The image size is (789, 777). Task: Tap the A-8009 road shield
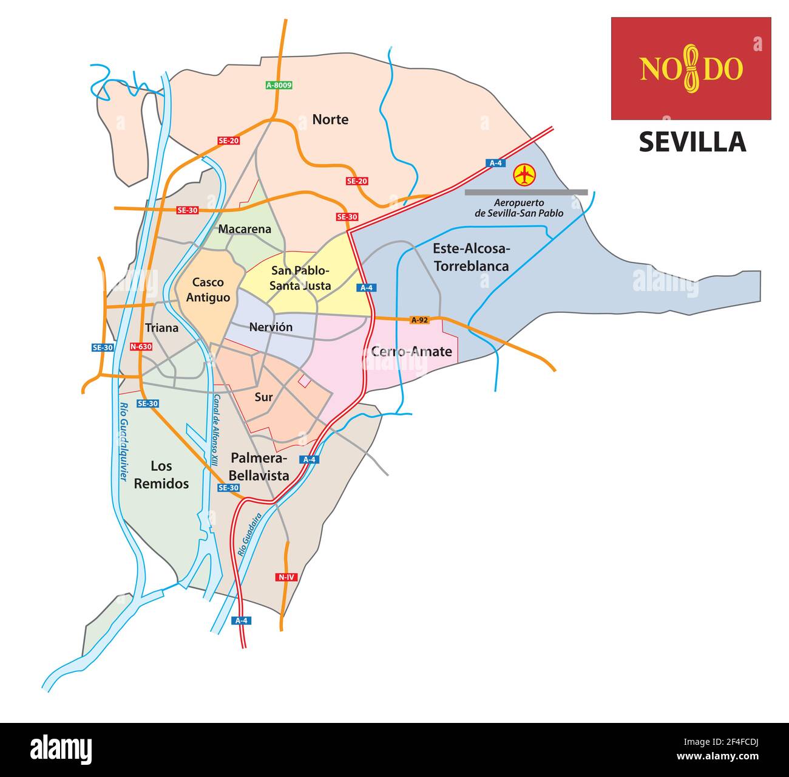click(279, 85)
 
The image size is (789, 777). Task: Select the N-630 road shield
click(141, 347)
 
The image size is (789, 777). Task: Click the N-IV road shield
click(286, 577)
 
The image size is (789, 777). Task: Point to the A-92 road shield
click(419, 320)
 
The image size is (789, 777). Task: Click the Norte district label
click(330, 119)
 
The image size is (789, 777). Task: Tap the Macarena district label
click(245, 229)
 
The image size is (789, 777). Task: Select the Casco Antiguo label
click(208, 290)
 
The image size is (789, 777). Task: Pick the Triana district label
click(162, 328)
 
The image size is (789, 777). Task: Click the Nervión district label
click(271, 327)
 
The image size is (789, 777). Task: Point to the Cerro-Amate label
click(411, 351)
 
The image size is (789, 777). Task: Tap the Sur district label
click(263, 397)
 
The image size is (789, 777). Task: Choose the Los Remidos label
click(161, 474)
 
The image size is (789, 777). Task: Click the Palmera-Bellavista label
click(260, 467)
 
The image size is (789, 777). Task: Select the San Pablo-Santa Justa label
click(300, 278)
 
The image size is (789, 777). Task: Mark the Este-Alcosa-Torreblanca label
click(471, 257)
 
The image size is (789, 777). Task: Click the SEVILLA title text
click(692, 142)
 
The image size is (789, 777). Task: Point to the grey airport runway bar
click(526, 192)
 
